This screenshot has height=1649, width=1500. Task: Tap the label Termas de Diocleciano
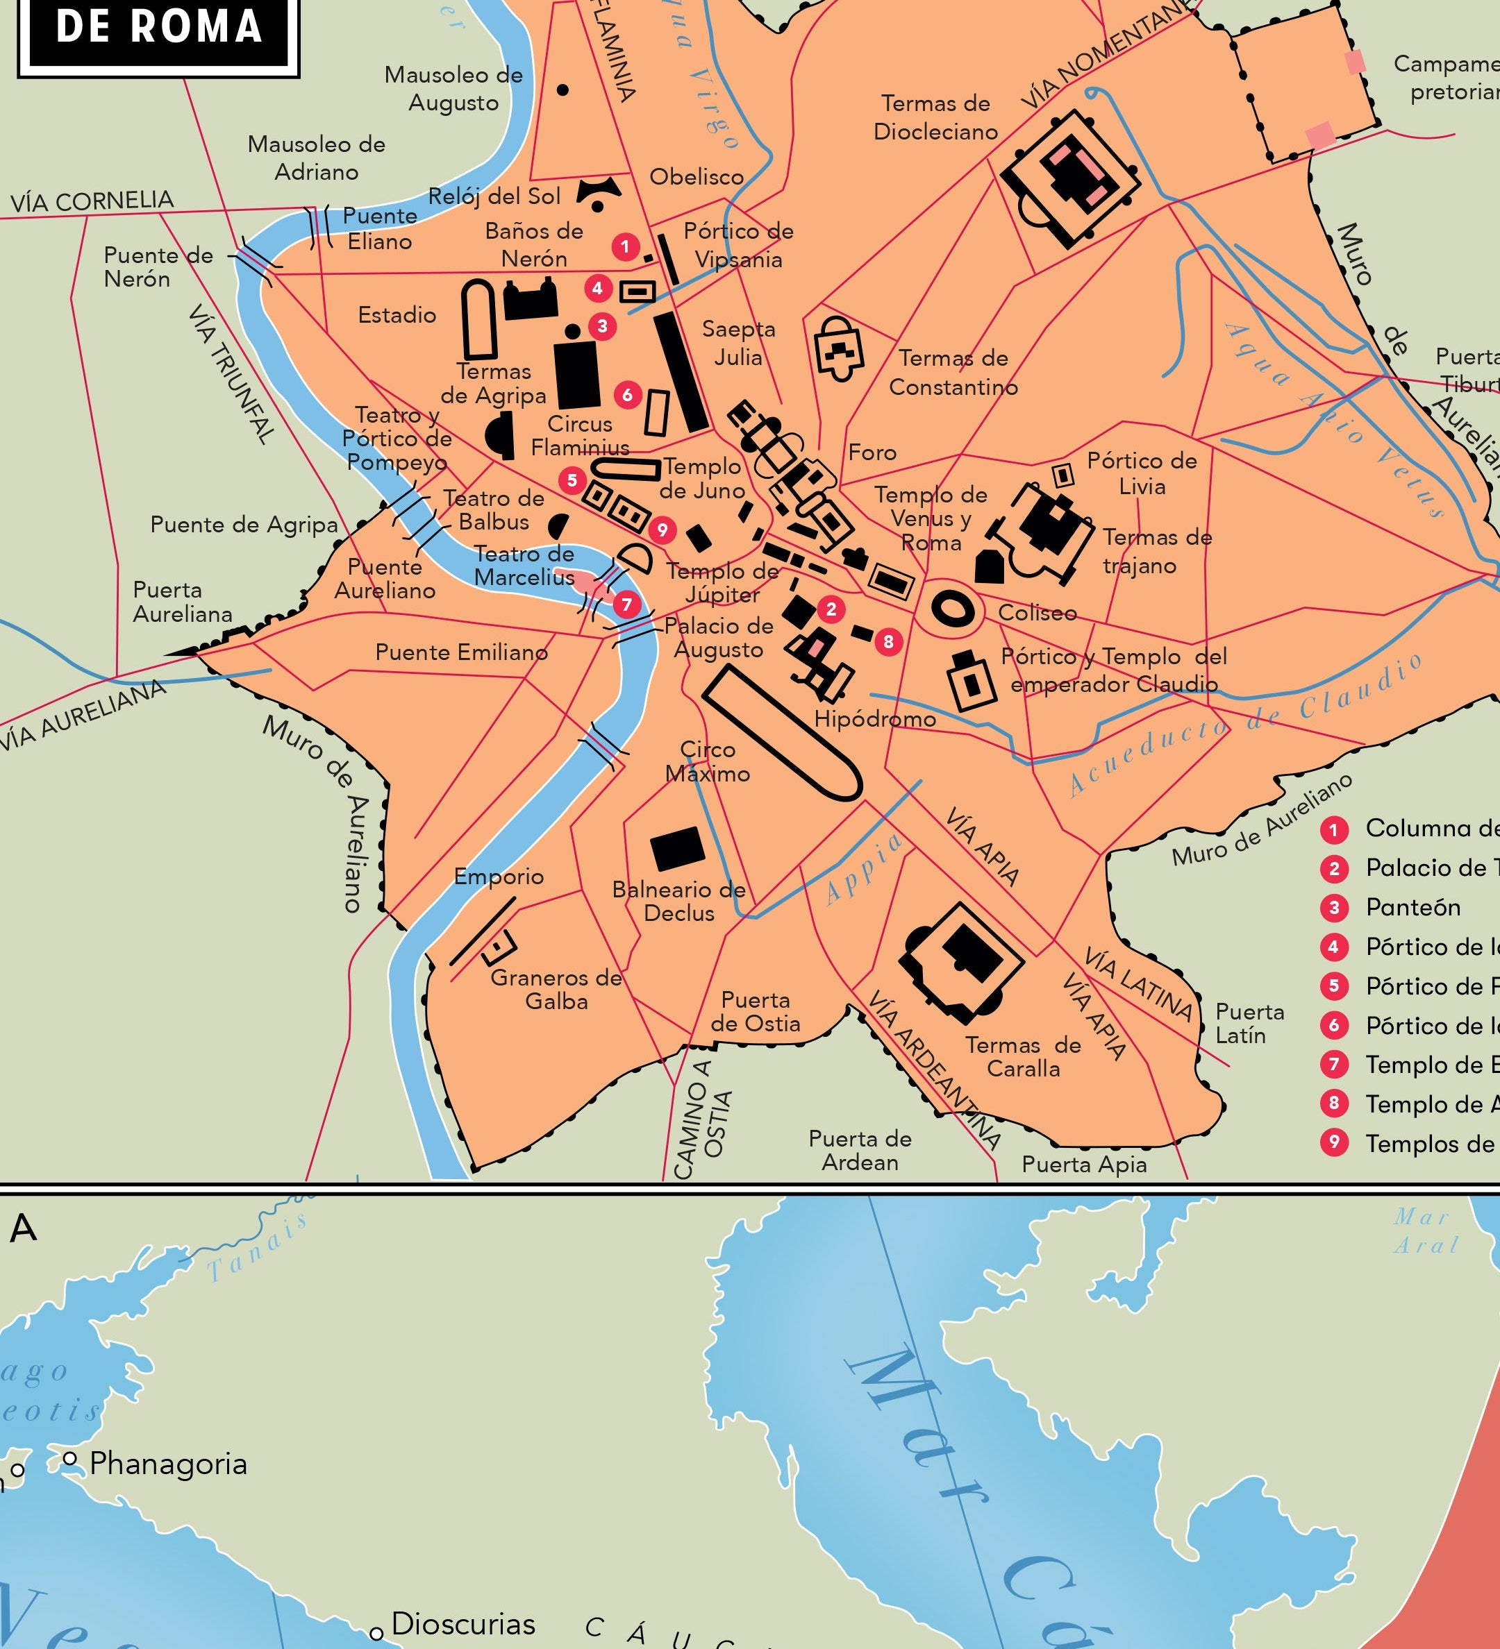click(x=935, y=118)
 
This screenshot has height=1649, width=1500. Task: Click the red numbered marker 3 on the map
click(x=602, y=326)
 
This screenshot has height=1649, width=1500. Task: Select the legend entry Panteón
click(x=1413, y=907)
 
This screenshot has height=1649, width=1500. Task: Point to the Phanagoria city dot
click(x=70, y=1458)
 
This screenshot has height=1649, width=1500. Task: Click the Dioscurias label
click(x=463, y=1623)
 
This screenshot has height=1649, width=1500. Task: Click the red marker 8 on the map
click(x=888, y=642)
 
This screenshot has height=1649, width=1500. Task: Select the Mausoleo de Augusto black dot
click(x=562, y=90)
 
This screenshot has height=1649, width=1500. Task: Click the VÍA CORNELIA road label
click(x=92, y=201)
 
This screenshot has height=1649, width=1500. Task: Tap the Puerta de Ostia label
click(x=756, y=1012)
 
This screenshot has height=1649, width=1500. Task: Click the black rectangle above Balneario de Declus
click(x=678, y=848)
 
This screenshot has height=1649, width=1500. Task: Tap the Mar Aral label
click(x=1426, y=1231)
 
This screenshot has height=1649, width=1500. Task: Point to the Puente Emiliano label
click(x=462, y=652)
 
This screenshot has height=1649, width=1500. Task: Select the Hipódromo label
click(x=875, y=718)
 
